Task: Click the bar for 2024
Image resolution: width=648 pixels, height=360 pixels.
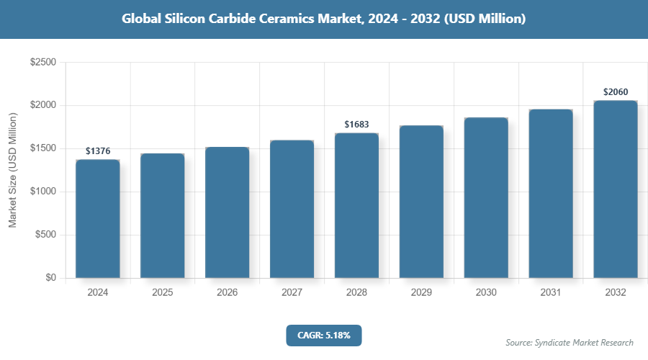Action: coord(98,219)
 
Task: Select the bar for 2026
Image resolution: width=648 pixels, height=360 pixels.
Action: coord(228,212)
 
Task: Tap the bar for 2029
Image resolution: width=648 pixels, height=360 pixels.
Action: coord(421,202)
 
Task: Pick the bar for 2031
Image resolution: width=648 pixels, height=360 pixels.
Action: coord(551,194)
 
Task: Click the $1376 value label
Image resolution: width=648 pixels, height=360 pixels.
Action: coord(98,151)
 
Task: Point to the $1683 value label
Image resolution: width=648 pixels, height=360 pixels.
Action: coord(356,125)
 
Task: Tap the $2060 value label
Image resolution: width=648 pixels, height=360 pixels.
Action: coord(616,92)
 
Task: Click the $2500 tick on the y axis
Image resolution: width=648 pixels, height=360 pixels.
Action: coord(43,63)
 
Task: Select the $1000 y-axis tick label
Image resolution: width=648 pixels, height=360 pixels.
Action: coord(43,192)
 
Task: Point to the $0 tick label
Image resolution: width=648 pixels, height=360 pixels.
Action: coord(50,279)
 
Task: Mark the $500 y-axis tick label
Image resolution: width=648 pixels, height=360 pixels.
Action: coord(46,235)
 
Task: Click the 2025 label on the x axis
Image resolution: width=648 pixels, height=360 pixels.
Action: coord(163,293)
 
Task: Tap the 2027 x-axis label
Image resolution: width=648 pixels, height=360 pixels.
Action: coord(292,293)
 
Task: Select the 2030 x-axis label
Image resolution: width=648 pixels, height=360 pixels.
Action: coord(486,293)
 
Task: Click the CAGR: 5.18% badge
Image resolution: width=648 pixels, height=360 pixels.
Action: coord(323,335)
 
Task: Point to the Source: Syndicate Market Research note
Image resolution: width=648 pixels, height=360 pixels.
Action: coord(570,342)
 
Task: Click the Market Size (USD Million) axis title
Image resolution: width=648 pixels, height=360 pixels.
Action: coord(12,170)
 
